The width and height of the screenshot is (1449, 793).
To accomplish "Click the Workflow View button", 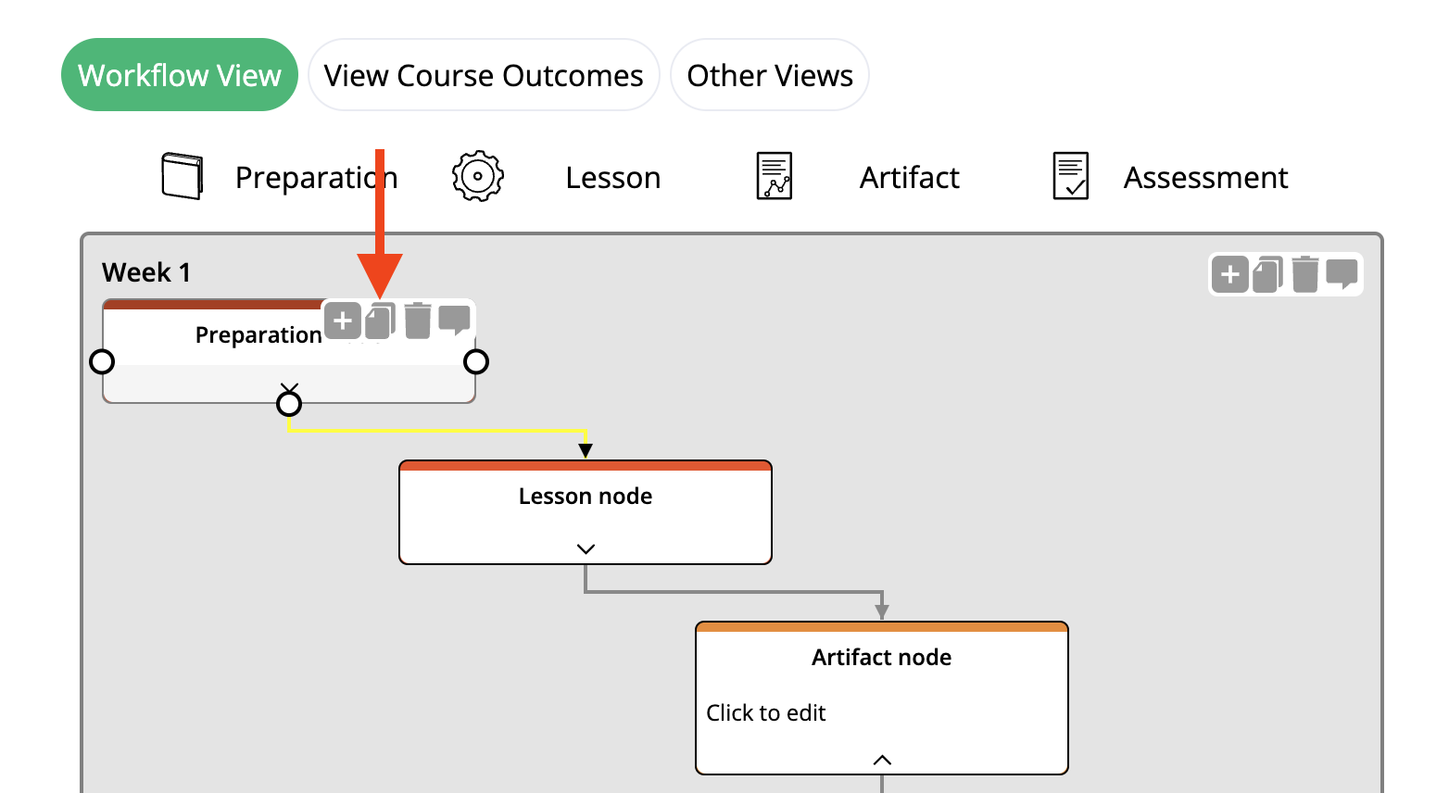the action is (179, 75).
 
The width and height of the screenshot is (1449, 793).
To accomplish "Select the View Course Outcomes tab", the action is (483, 75).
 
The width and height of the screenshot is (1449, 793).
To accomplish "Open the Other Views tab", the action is (769, 75).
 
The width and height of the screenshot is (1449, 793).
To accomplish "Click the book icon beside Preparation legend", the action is (182, 176).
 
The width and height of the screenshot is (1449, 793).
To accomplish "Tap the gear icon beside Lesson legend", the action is (477, 176).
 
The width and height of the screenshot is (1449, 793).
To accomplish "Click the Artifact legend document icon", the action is (774, 176).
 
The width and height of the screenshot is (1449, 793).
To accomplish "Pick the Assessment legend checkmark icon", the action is (1070, 176).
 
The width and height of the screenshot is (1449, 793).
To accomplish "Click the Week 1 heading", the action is (146, 272).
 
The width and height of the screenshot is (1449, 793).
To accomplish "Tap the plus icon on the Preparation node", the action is (343, 321).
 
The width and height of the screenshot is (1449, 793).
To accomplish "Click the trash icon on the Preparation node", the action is (418, 321).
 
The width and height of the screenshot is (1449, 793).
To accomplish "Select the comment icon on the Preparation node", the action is (454, 321).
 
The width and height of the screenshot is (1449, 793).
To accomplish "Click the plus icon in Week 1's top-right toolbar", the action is (1229, 274).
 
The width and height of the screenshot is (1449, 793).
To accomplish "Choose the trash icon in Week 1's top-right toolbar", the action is (1304, 274).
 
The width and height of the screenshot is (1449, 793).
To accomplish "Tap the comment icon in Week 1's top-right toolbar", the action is (1342, 274).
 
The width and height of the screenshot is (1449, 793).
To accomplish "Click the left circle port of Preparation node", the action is (102, 361).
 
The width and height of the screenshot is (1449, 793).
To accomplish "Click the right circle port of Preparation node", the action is (476, 361).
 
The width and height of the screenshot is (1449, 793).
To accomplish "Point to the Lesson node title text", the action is (586, 497).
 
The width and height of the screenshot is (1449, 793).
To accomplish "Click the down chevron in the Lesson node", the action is (586, 548).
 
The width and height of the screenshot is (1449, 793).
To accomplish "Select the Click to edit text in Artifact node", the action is (766, 713).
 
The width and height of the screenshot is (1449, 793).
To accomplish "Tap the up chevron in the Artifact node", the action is (882, 760).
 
